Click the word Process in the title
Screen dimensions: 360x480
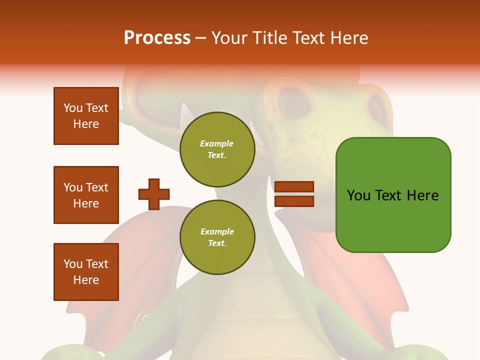[157, 38]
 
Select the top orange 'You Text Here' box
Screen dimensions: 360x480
[86, 116]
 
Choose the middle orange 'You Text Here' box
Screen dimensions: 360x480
[86, 195]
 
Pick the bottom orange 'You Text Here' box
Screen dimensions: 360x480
[86, 272]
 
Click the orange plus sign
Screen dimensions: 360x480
[154, 194]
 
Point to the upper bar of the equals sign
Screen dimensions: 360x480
[294, 186]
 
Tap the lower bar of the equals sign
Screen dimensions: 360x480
[294, 201]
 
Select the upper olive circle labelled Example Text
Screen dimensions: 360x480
[217, 149]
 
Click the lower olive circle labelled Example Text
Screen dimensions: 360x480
[217, 237]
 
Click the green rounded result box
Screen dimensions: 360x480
[393, 220]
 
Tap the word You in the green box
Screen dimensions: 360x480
[358, 195]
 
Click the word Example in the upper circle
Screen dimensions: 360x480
[217, 143]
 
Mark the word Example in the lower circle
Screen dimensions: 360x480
[217, 231]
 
